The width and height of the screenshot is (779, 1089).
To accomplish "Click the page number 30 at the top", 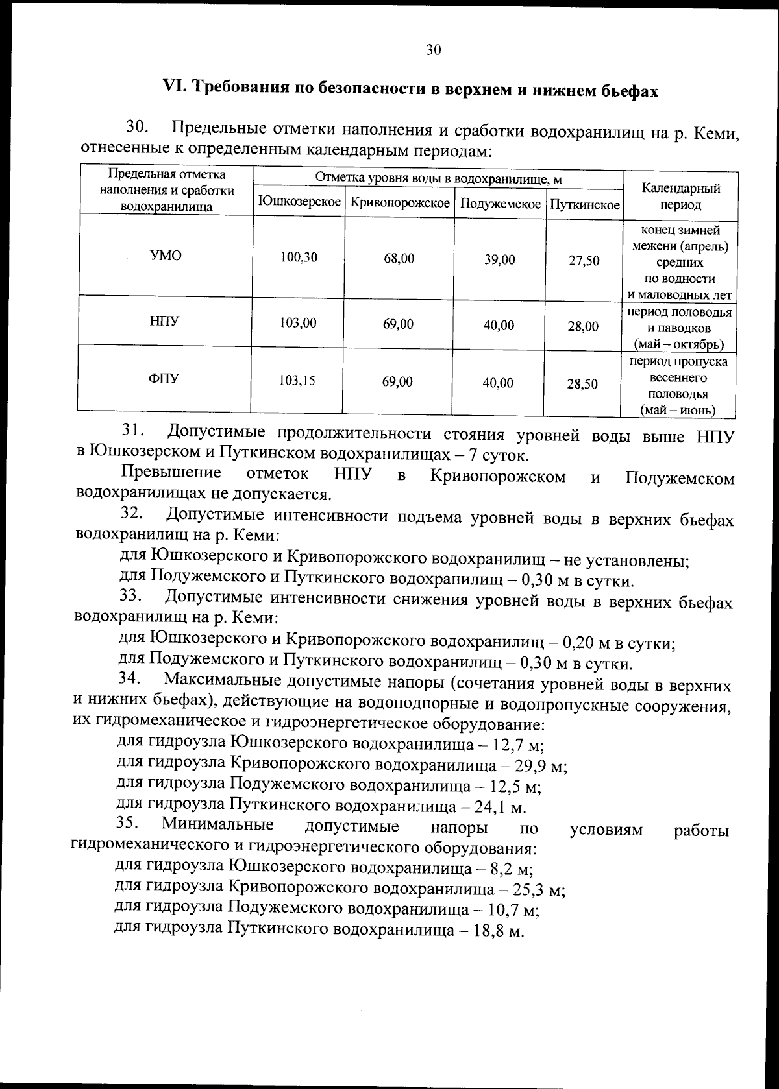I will pyautogui.click(x=434, y=50).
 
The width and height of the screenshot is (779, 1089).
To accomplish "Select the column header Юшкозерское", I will pyautogui.click(x=299, y=203).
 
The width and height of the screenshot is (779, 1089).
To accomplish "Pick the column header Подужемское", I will pyautogui.click(x=500, y=204).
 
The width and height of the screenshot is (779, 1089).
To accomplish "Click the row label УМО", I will pyautogui.click(x=166, y=255).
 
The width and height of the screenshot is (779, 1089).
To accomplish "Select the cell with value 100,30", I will pyautogui.click(x=299, y=257).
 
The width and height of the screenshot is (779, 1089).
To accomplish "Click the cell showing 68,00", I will pyautogui.click(x=399, y=259).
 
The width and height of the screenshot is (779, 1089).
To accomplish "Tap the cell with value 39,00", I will pyautogui.click(x=499, y=260).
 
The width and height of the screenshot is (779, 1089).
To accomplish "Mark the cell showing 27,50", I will pyautogui.click(x=584, y=261).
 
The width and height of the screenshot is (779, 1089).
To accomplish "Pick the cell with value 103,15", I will pyautogui.click(x=297, y=381).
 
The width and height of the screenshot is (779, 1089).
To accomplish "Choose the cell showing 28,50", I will pyautogui.click(x=582, y=385).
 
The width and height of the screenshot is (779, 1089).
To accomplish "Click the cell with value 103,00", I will pyautogui.click(x=298, y=322).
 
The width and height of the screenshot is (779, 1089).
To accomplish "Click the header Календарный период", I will pyautogui.click(x=680, y=197).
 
